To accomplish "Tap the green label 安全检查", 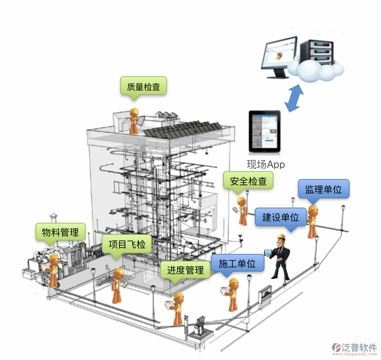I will click(248, 180).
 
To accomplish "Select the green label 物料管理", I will click(60, 232).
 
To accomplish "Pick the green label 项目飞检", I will click(127, 244).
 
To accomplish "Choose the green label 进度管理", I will click(185, 270).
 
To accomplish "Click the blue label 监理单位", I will click(323, 189).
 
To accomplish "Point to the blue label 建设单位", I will click(280, 217).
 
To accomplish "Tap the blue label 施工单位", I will click(237, 263).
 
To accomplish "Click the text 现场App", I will click(266, 165).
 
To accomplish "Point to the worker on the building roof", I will click(134, 121).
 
